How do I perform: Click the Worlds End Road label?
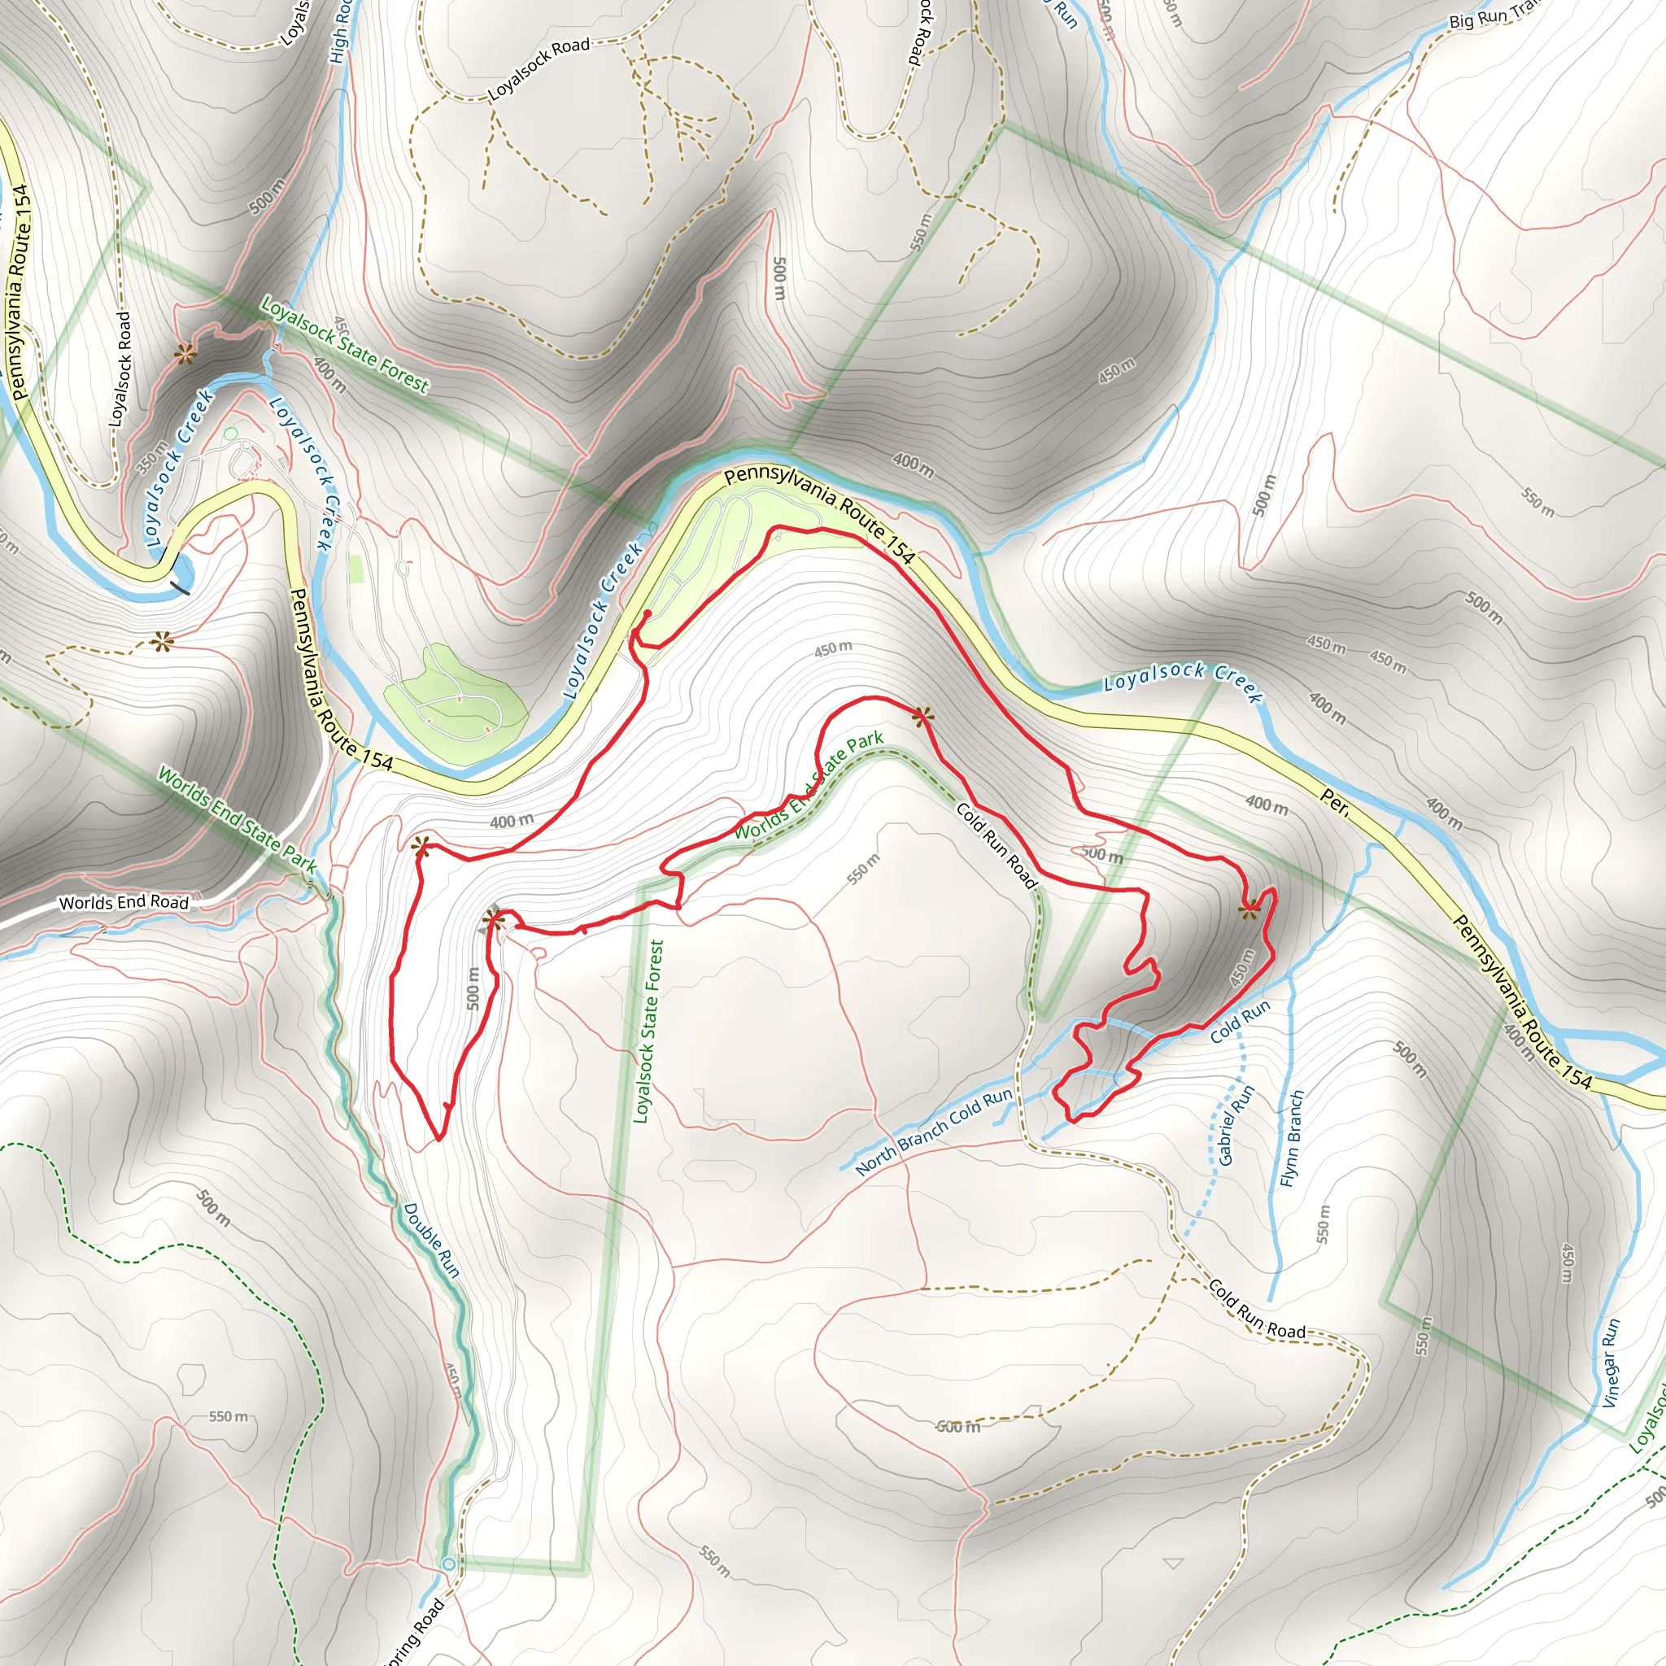click(124, 903)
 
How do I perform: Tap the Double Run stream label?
click(431, 1240)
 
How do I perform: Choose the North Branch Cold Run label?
click(934, 1132)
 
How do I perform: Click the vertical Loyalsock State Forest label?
click(649, 1031)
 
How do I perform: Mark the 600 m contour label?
click(959, 1427)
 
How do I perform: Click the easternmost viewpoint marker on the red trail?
click(1249, 909)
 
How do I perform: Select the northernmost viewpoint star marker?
click(184, 354)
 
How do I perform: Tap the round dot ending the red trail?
click(647, 613)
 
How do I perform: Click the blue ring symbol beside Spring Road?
click(447, 1564)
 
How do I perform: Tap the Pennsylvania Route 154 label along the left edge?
click(19, 293)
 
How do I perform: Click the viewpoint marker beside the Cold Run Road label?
click(922, 716)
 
